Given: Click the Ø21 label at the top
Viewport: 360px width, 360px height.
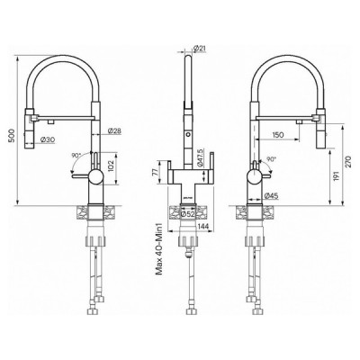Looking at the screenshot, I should coord(200,47).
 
